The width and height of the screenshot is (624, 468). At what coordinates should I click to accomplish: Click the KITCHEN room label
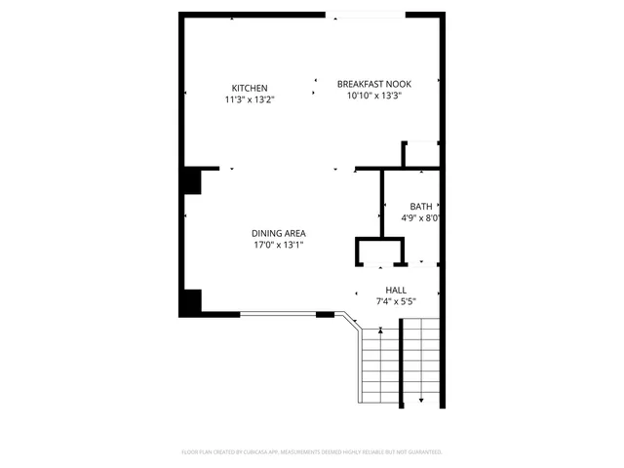249,88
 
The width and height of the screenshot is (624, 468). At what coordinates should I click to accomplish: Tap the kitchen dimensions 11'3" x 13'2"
249,98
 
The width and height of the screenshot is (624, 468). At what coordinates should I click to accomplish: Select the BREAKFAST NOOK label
374,84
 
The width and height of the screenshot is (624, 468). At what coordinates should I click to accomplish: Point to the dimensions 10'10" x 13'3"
374,96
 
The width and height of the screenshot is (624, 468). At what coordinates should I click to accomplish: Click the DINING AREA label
279,233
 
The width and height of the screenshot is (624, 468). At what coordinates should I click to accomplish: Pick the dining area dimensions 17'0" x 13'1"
279,245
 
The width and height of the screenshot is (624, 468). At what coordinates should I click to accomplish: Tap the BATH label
420,206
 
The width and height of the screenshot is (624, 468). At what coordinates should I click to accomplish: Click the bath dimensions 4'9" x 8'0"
422,217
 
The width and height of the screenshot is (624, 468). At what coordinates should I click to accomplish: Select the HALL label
396,290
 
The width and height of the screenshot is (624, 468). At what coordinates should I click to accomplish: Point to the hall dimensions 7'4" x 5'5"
396,301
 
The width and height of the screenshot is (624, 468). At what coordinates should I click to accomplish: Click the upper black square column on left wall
190,181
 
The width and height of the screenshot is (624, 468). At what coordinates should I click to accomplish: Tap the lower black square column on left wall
190,301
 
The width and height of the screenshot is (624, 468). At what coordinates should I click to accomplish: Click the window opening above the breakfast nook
366,15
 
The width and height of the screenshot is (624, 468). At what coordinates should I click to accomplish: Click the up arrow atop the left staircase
380,332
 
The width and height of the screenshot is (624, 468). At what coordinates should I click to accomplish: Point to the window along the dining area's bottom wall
278,314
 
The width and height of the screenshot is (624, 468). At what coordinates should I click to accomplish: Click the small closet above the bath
421,154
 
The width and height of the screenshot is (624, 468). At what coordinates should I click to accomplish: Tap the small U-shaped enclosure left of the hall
378,252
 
